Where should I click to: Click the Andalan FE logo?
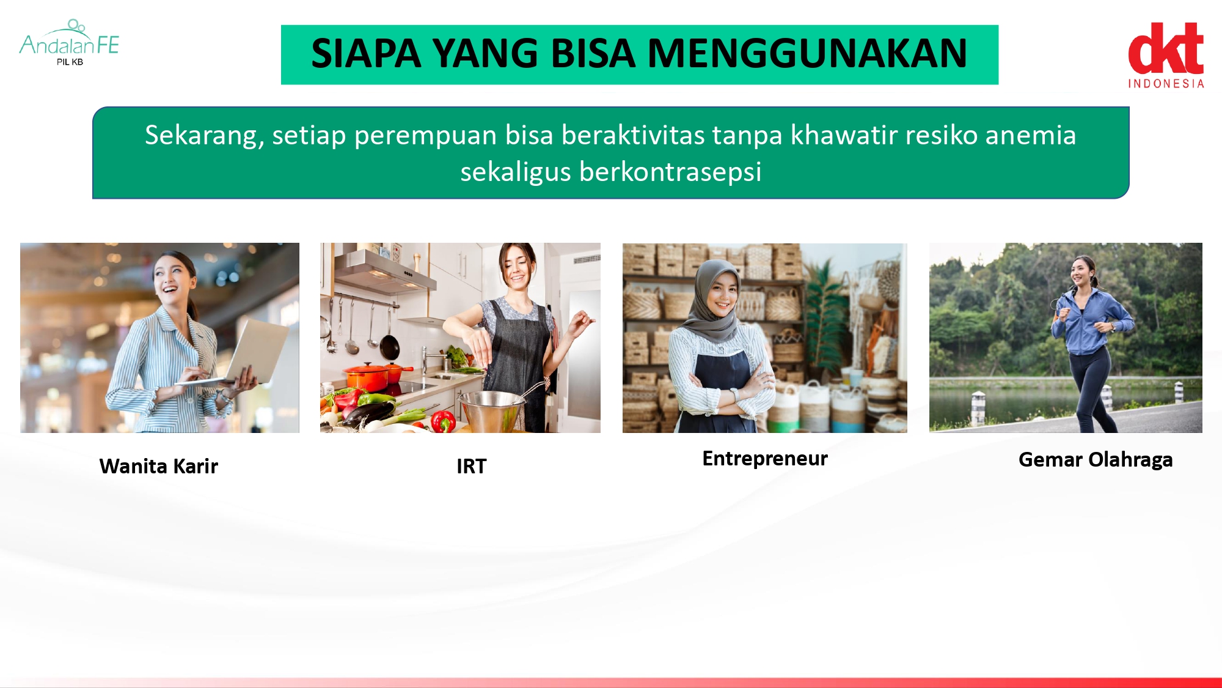69,43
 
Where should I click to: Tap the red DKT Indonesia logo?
1166,56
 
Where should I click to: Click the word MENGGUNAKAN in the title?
807,53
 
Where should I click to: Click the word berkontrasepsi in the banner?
670,172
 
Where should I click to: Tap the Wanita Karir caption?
159,466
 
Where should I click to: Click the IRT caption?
472,466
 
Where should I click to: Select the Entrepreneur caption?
765,459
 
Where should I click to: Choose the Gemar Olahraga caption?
1096,460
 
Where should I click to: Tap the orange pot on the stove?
370,377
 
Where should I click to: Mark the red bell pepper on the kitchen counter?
443,421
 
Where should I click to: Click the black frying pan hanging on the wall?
389,346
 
